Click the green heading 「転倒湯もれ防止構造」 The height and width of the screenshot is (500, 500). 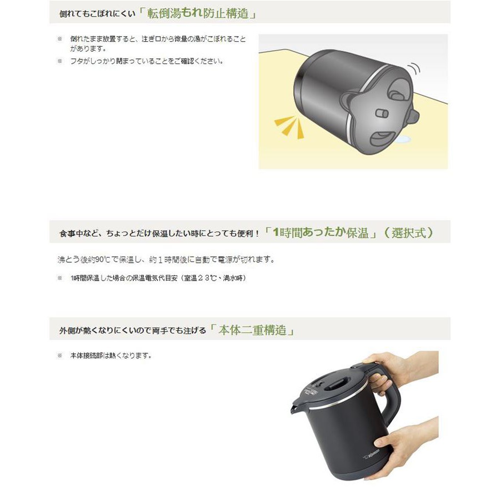(x=198, y=13)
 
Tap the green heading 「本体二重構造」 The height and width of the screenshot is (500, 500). (x=252, y=331)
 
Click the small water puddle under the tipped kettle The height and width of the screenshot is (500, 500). (x=402, y=138)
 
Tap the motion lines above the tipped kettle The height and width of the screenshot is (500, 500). (x=414, y=68)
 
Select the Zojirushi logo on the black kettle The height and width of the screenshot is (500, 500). (x=372, y=454)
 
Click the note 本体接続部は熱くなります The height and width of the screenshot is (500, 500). (x=111, y=355)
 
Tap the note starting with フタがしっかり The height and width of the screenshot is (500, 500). (x=147, y=61)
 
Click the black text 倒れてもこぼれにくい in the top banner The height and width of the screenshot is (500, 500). (x=98, y=14)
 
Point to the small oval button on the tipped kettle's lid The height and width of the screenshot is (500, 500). (x=382, y=113)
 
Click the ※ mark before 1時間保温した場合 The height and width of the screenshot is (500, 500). (x=59, y=278)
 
